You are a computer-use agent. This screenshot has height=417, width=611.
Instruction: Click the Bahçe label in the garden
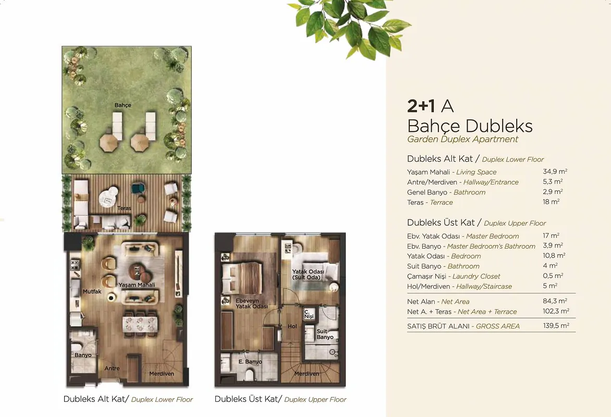pos(123,105)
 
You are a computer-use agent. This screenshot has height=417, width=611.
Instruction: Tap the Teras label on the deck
pos(124,208)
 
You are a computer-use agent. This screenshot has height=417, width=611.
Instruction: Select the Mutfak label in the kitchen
pos(92,291)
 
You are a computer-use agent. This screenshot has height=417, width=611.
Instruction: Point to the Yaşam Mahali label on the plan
pos(137,285)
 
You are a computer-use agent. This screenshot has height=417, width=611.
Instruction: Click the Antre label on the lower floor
pos(112,369)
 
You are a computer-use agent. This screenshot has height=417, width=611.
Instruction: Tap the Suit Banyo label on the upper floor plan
pos(325,334)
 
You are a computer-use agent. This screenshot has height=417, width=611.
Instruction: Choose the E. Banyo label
pos(250,362)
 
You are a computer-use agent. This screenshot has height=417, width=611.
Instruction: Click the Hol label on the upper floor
pos(292,327)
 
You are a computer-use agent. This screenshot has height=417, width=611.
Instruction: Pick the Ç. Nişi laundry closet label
pos(309,314)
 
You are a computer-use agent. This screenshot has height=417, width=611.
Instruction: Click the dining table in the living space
pos(140,324)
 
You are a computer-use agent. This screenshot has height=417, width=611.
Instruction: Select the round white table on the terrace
pos(108,198)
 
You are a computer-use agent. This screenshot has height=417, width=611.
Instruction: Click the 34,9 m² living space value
pos(555,171)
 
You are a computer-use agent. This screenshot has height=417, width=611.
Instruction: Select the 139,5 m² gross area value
pos(556,325)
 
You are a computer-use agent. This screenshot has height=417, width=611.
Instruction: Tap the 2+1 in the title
pos(421,106)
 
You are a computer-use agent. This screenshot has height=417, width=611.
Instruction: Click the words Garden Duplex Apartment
pos(462,139)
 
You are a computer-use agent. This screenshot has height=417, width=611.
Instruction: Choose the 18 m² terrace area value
pos(551,202)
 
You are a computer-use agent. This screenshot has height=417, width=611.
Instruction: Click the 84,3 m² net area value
pos(555,301)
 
